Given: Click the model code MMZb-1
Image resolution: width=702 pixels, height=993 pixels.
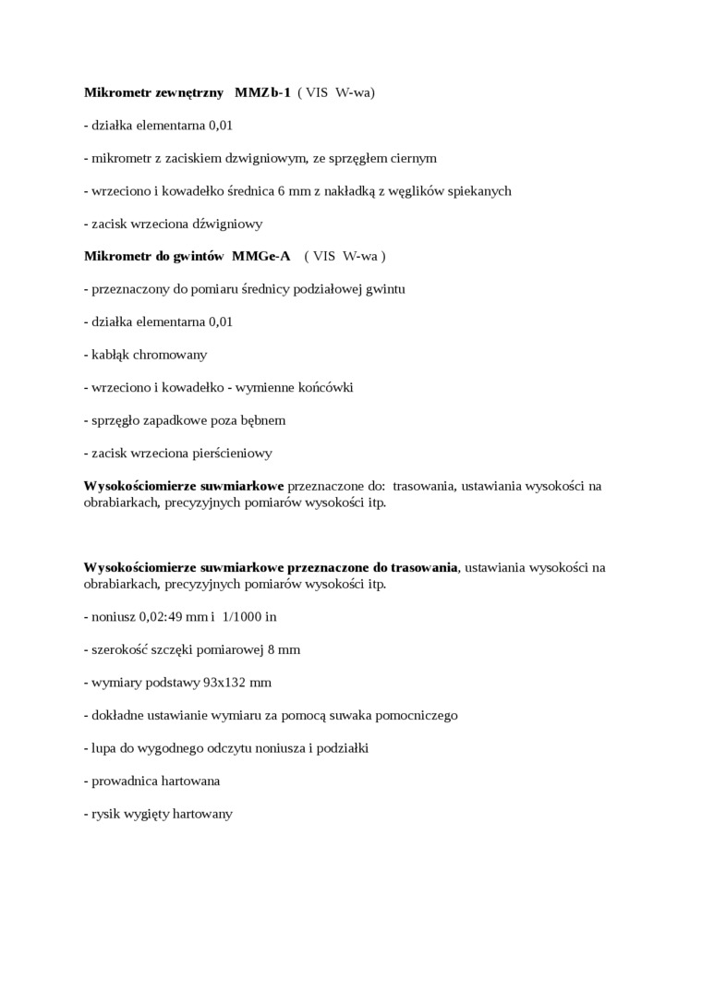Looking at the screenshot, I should pyautogui.click(x=262, y=92).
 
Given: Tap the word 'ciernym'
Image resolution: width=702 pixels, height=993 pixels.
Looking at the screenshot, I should pyautogui.click(x=413, y=158).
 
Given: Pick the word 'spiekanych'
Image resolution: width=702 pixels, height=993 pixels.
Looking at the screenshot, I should pyautogui.click(x=480, y=190).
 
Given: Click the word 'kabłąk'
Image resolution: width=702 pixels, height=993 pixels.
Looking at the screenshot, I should pyautogui.click(x=112, y=354).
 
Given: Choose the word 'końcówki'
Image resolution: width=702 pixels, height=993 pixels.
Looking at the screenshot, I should pyautogui.click(x=321, y=387).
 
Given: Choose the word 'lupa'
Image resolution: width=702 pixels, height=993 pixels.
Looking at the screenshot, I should pyautogui.click(x=105, y=747).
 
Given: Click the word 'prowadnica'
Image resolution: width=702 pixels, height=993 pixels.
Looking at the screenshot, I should pyautogui.click(x=124, y=781).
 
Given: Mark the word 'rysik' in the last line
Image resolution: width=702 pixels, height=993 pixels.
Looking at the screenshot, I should pyautogui.click(x=107, y=813).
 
